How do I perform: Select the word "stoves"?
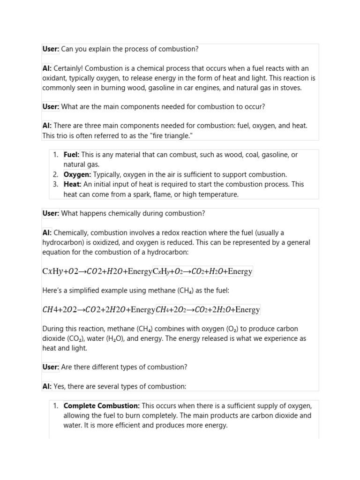point(291,88)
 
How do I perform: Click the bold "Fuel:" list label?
point(72,155)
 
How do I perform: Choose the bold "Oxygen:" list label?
point(77,174)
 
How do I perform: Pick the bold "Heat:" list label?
point(73,184)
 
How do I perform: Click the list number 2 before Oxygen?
point(55,174)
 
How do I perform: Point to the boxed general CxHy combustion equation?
point(202,271)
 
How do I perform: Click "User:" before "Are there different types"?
point(51,367)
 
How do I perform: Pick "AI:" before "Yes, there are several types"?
point(47,386)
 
